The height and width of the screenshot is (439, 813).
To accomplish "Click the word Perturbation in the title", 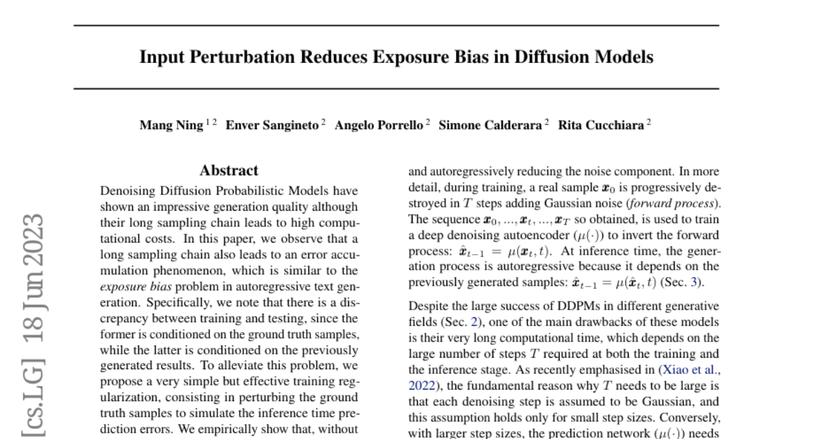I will click(228, 57).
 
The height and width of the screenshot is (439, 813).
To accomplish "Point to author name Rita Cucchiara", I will click(600, 125).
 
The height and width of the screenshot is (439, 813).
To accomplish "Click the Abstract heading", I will click(229, 171).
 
